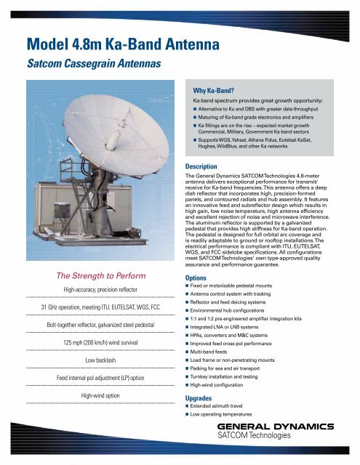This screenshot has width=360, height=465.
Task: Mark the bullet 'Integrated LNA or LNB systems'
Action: (x=236, y=330)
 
